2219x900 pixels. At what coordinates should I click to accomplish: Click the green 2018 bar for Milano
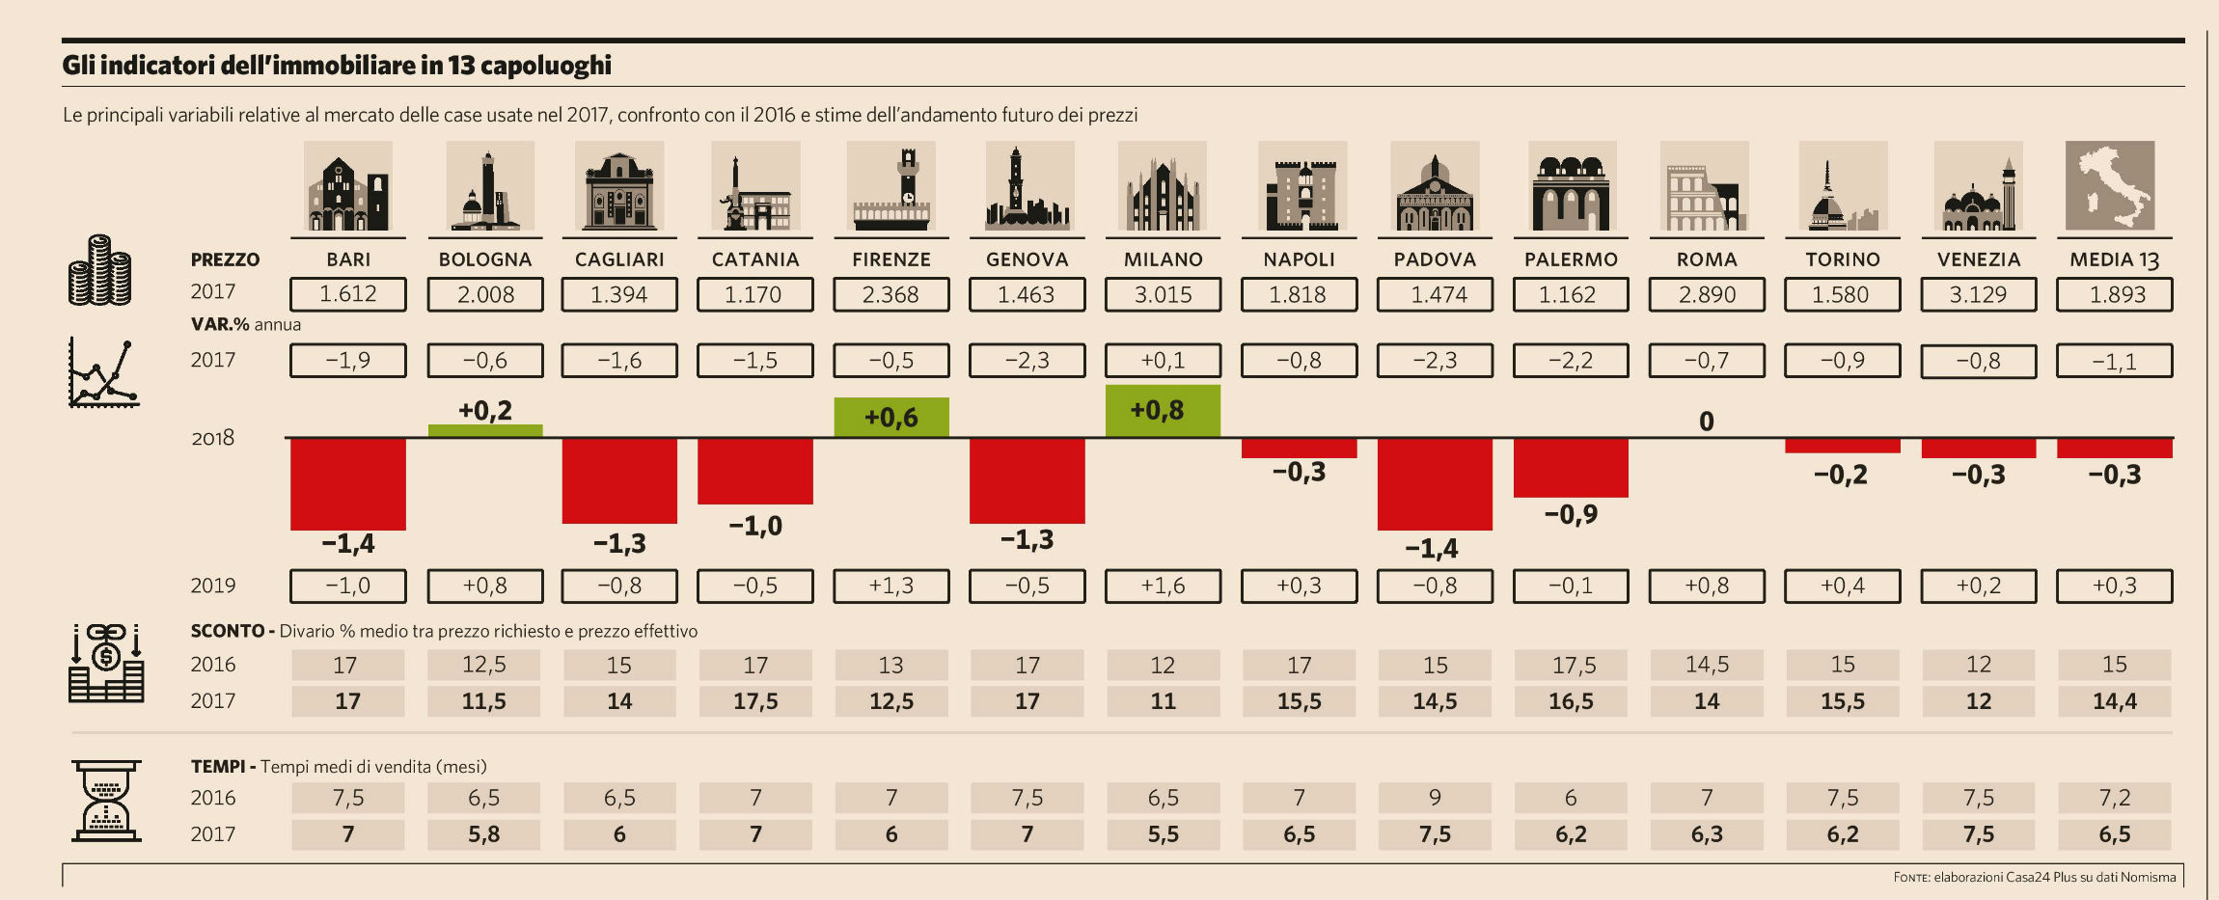point(1163,411)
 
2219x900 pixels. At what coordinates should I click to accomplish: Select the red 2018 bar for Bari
point(348,483)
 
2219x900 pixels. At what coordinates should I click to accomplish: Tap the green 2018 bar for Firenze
point(891,418)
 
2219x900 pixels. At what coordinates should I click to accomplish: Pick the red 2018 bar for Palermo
point(1571,468)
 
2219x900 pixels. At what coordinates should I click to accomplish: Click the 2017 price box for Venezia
point(1978,294)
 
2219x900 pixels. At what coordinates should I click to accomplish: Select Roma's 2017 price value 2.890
point(1707,294)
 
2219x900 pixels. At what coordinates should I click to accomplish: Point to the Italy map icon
point(2110,186)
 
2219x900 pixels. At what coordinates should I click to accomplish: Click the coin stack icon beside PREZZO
point(99,271)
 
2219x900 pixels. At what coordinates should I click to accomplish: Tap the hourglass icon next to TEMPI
point(106,801)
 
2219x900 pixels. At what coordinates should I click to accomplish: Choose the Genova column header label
point(1027,259)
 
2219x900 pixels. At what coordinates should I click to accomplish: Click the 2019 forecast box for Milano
point(1163,586)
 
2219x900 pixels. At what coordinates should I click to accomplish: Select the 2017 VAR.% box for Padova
point(1435,361)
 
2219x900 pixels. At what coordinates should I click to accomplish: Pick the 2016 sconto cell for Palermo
point(1571,665)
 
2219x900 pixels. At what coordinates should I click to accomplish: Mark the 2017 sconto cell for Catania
point(755,701)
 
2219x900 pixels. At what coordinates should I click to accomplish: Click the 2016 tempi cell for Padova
point(1435,798)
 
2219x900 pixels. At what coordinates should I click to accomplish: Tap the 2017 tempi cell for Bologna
point(484,834)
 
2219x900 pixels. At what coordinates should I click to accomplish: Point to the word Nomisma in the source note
point(2148,877)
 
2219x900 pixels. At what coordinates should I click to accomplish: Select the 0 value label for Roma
point(1706,422)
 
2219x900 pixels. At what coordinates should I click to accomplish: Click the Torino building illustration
point(1843,188)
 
